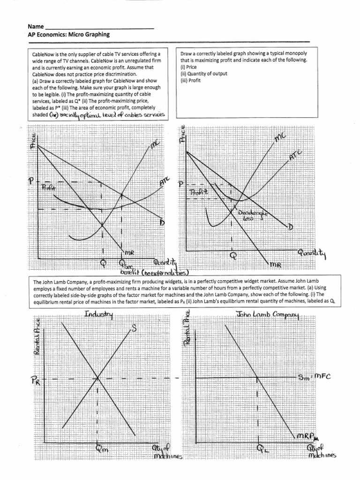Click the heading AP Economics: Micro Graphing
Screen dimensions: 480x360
coord(69,35)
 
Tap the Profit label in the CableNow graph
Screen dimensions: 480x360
coord(48,187)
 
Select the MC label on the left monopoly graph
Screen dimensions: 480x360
coord(155,147)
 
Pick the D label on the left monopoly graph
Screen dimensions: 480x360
coord(163,222)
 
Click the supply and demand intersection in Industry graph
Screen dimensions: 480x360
coord(97,377)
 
